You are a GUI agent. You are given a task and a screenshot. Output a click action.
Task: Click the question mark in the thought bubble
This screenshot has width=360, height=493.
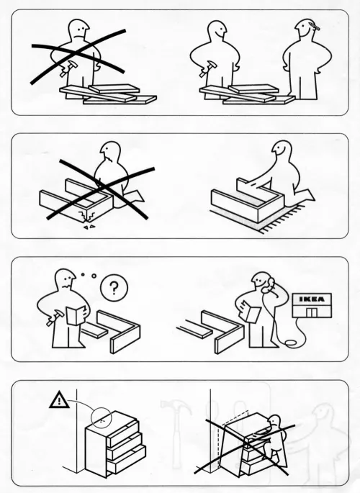(x=114, y=288)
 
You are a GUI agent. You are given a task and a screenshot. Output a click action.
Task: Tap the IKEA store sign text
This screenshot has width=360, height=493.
(x=312, y=299)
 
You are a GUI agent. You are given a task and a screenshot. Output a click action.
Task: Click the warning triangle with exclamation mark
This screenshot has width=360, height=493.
(x=59, y=399)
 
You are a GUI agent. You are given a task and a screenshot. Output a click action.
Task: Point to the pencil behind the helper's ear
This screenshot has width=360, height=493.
(x=315, y=26)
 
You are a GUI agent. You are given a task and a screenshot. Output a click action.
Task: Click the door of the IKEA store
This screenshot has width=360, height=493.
(x=312, y=312)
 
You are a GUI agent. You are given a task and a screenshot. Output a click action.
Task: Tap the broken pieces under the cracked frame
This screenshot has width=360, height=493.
(x=89, y=226)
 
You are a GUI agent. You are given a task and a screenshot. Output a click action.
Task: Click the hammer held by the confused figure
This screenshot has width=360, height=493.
(x=55, y=317)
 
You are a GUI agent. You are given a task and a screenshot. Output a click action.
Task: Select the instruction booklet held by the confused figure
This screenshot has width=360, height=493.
(x=76, y=315)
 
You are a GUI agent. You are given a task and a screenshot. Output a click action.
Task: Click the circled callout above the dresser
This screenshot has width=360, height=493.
(x=102, y=418)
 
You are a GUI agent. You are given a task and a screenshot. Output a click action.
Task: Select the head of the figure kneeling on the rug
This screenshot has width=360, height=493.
(x=282, y=150)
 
